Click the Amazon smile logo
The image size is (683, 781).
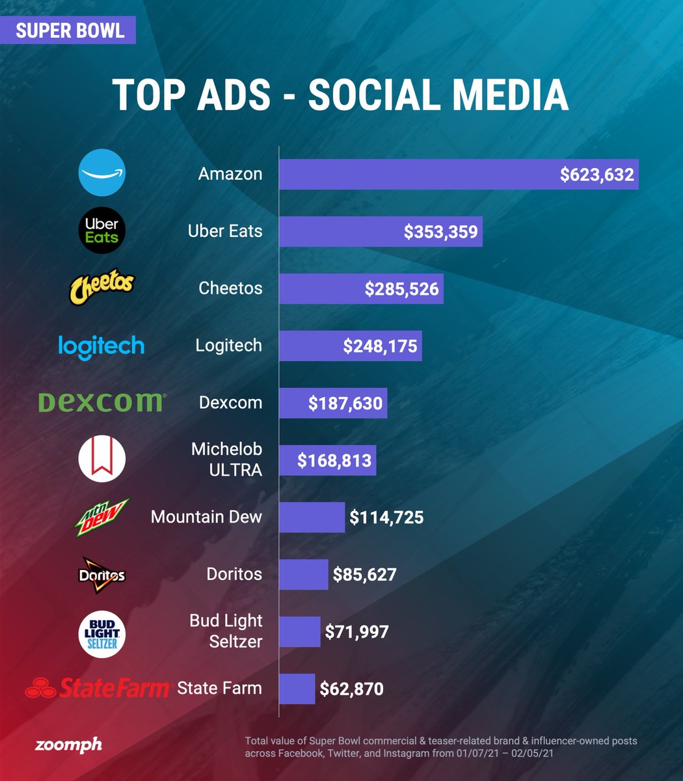coord(101,172)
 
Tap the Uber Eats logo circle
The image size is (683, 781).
coord(101,230)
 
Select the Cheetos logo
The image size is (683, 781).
coord(101,288)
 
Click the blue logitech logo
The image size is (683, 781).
coord(101,346)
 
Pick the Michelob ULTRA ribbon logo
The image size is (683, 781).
coord(101,459)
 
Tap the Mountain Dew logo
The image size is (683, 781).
coord(101,517)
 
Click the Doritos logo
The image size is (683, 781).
coord(101,575)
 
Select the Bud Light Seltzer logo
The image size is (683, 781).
coord(101,633)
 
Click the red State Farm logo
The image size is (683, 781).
coord(97,688)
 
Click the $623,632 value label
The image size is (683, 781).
coord(596,174)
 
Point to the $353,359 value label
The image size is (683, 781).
coord(440,232)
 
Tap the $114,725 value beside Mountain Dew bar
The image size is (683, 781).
coord(386,517)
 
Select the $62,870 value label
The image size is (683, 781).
coord(351,689)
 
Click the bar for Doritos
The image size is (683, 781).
coord(304,575)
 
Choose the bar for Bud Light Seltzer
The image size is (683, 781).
coord(300,632)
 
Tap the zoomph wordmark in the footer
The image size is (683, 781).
coord(68,745)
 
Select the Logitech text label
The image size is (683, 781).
coord(228,346)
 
